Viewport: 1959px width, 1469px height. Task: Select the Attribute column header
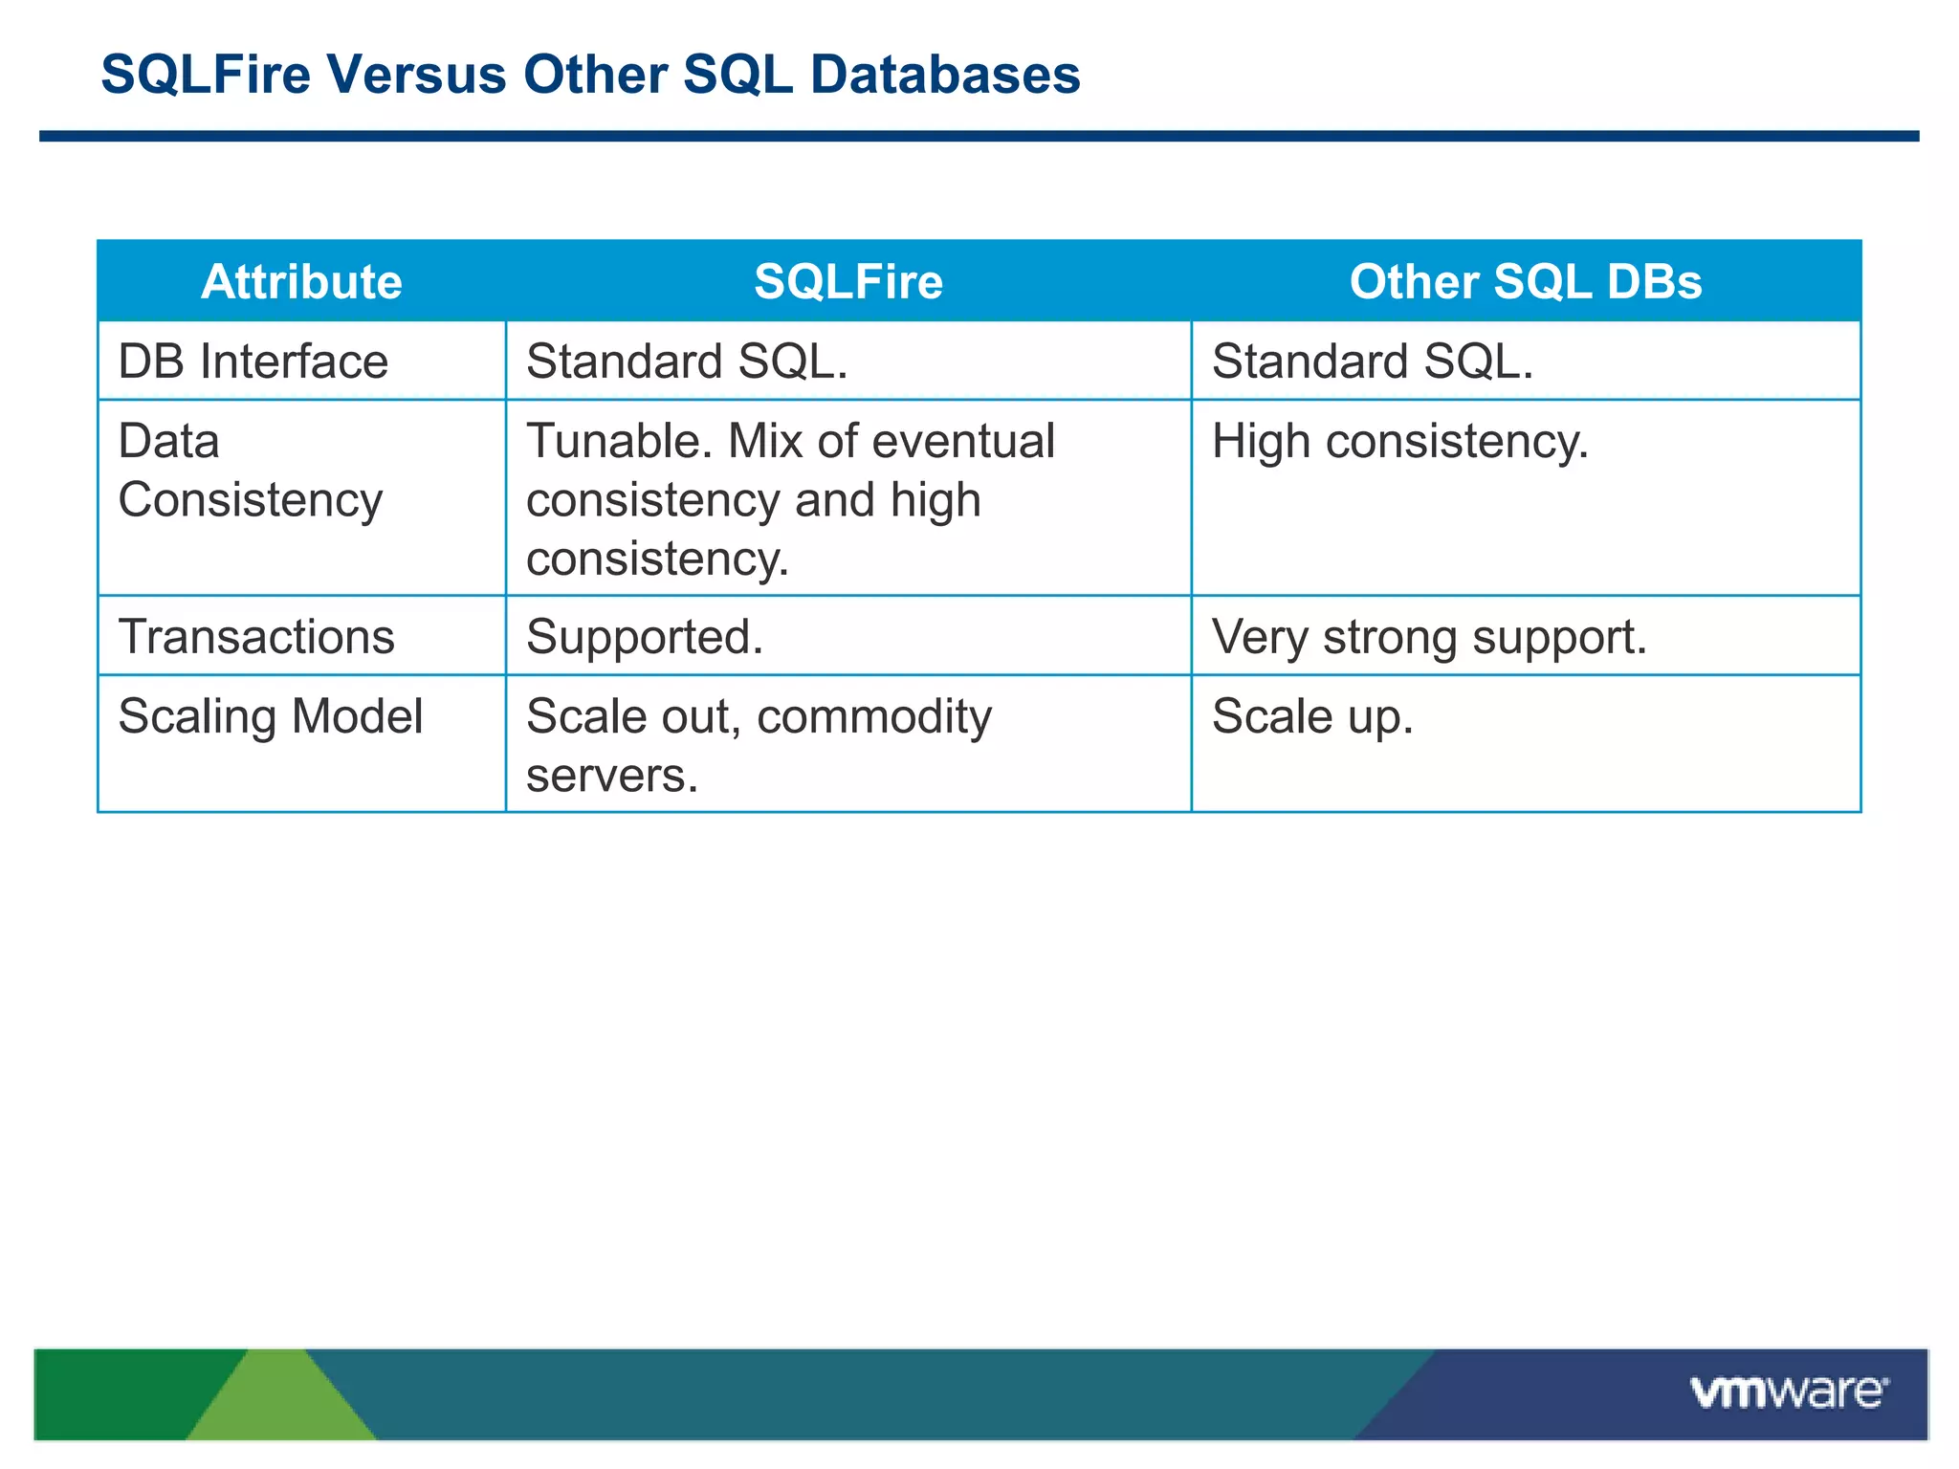click(x=301, y=282)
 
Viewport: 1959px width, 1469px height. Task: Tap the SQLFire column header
click(x=848, y=282)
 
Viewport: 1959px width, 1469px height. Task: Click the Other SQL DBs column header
click(x=1526, y=282)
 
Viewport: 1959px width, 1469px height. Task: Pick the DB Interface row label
click(x=253, y=362)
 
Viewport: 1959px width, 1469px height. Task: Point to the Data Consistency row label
click(x=251, y=471)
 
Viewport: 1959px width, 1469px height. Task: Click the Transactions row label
click(x=256, y=637)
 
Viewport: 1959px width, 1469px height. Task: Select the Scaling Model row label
click(x=271, y=716)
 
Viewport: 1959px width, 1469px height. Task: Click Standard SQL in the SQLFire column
click(x=687, y=362)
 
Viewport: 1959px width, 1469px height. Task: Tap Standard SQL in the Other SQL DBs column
click(x=1373, y=362)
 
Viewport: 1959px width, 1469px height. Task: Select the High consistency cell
click(x=1399, y=442)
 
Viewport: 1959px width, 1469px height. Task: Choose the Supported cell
click(x=645, y=637)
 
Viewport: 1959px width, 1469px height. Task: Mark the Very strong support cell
click(x=1429, y=637)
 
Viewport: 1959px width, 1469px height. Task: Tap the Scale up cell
click(x=1312, y=716)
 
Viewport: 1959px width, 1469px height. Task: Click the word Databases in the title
click(x=945, y=75)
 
